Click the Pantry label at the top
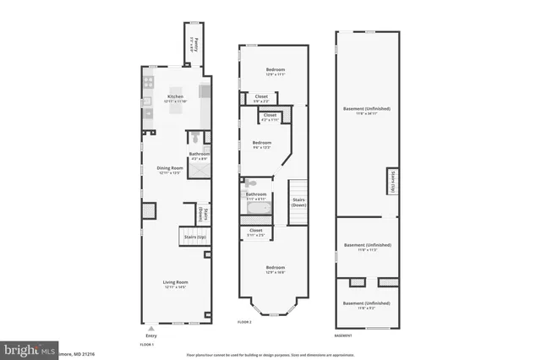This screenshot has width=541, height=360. [x=195, y=43]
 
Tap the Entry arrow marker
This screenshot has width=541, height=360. [x=150, y=328]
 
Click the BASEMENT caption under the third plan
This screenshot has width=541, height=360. [x=343, y=335]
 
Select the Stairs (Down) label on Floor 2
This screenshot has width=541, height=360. [x=298, y=202]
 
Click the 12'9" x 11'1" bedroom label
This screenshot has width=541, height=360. [x=276, y=70]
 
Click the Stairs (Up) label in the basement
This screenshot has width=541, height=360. [x=393, y=181]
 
